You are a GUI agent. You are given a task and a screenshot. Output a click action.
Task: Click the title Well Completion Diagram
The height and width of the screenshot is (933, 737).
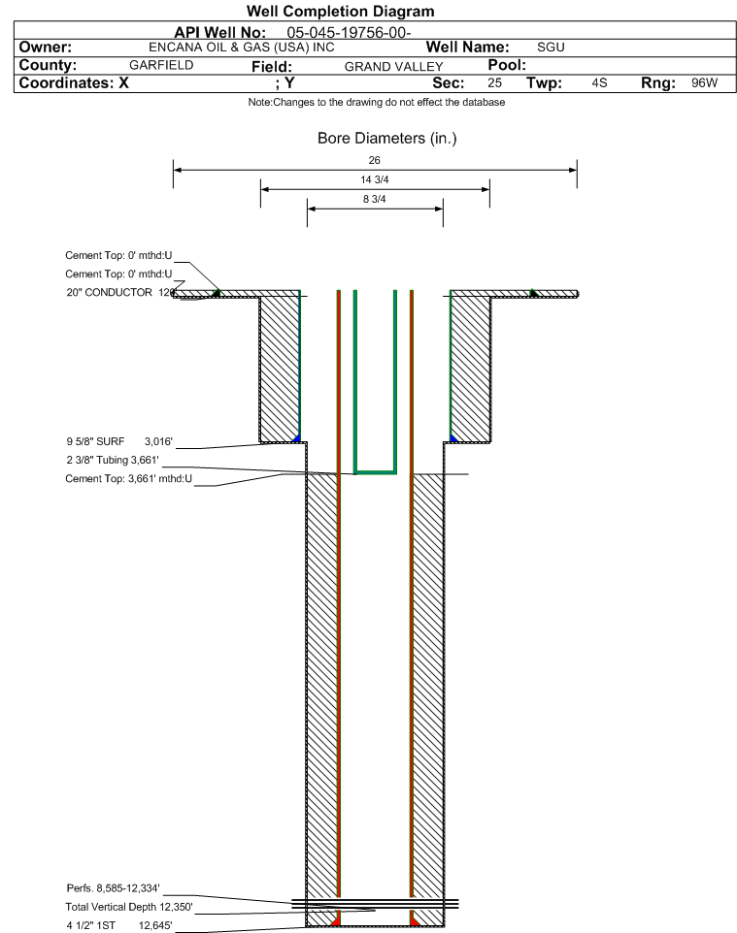click(341, 12)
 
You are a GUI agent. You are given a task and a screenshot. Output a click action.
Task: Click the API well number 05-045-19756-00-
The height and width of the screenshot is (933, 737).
click(350, 32)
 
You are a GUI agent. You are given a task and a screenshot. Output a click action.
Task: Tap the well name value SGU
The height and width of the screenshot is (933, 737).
click(551, 48)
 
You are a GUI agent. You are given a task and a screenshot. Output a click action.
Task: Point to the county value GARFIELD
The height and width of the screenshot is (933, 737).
click(161, 65)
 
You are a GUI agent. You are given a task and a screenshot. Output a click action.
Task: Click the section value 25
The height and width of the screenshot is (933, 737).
click(494, 83)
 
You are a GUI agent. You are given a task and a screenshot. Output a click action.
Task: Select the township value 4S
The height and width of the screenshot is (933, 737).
click(599, 83)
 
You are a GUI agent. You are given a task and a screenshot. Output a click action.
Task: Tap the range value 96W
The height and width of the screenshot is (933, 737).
click(704, 83)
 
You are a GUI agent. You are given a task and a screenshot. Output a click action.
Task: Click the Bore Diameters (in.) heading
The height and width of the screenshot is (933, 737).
click(386, 139)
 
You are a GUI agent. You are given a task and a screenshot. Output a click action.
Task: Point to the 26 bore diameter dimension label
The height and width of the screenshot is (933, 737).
click(375, 160)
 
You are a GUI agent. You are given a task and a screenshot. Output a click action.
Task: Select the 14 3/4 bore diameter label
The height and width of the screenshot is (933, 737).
click(375, 180)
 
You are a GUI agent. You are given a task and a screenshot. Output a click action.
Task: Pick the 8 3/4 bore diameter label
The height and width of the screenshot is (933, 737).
click(375, 200)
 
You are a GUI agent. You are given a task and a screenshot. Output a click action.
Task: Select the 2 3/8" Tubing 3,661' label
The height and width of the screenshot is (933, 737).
click(112, 459)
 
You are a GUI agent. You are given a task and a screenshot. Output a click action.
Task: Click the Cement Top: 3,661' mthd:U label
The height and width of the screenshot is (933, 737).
click(129, 478)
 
